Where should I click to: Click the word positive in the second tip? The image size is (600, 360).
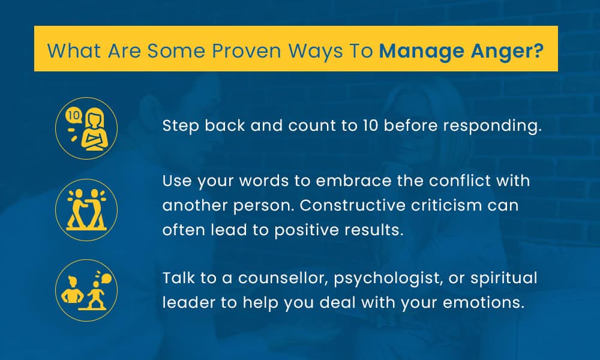point(312,230)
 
